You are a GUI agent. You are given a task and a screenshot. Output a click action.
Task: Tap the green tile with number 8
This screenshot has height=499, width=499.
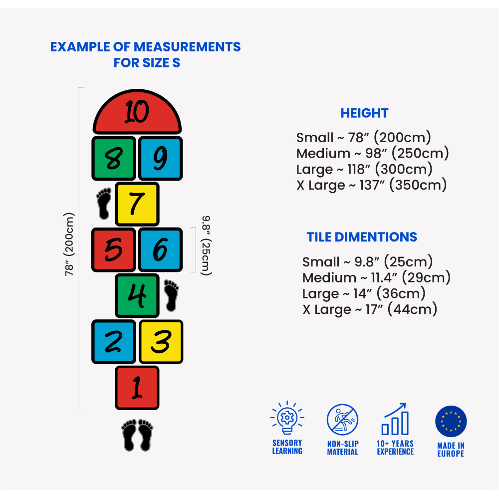pyautogui.click(x=114, y=158)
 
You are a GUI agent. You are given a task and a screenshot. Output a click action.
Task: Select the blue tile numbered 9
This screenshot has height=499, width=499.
pyautogui.click(x=160, y=158)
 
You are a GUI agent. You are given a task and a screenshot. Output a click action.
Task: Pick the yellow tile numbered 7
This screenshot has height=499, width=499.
pyautogui.click(x=137, y=204)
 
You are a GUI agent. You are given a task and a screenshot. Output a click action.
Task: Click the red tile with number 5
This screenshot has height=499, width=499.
pyautogui.click(x=114, y=249)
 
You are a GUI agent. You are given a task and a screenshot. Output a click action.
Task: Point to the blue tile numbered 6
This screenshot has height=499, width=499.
pyautogui.click(x=160, y=249)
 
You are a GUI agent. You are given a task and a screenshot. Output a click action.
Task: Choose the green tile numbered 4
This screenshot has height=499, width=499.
pyautogui.click(x=137, y=295)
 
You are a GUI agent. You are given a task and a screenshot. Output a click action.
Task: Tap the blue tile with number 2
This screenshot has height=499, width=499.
pyautogui.click(x=114, y=341)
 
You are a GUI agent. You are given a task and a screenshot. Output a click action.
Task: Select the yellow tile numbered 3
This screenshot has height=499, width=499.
pyautogui.click(x=161, y=341)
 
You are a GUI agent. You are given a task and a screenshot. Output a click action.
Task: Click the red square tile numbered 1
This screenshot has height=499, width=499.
pyautogui.click(x=137, y=388)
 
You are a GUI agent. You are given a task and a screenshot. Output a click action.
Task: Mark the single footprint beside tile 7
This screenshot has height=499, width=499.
pyautogui.click(x=104, y=203)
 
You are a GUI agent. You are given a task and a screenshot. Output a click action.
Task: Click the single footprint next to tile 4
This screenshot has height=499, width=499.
pyautogui.click(x=171, y=295)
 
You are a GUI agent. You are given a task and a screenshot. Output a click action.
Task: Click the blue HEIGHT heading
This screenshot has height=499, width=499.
pyautogui.click(x=364, y=113)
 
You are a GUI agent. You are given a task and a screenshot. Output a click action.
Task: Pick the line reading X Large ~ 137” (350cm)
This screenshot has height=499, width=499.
pyautogui.click(x=371, y=185)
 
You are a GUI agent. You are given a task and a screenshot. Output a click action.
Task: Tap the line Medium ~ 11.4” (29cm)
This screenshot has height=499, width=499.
pyautogui.click(x=376, y=277)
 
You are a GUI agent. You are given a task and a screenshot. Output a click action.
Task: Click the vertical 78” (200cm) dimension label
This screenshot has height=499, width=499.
pyautogui.click(x=69, y=245)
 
